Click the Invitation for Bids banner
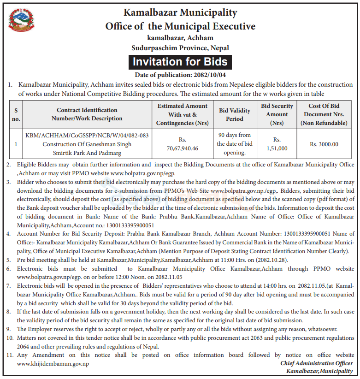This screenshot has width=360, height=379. [180, 62]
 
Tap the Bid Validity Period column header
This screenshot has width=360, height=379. [235, 114]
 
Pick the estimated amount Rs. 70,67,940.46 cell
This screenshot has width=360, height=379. [182, 144]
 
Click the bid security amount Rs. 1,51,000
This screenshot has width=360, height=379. [277, 144]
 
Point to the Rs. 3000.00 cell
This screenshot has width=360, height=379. [324, 144]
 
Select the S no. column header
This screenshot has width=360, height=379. [16, 114]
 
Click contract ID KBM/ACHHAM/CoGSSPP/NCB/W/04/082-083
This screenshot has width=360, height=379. [87, 135]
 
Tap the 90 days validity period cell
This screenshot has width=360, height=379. [235, 144]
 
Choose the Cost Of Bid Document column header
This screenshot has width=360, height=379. [324, 114]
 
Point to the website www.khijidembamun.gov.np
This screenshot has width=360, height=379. [53, 364]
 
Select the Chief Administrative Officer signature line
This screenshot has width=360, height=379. [317, 363]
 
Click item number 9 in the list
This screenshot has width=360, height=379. [9, 329]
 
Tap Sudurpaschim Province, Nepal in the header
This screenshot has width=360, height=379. [180, 47]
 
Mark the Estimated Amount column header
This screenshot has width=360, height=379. [182, 114]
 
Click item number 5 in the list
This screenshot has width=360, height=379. [9, 260]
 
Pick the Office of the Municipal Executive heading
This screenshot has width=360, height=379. [180, 26]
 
